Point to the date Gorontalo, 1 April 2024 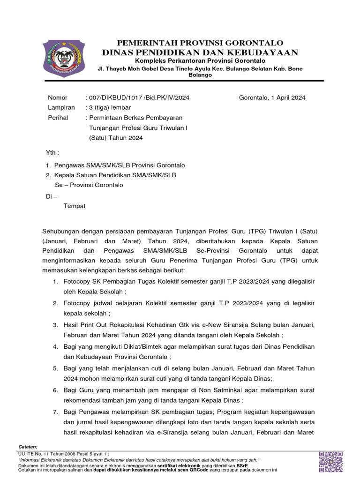[272, 97]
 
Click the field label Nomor [58, 97]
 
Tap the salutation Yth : [52, 153]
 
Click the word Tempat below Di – [75, 206]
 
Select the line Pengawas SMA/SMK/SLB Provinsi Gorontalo [120, 165]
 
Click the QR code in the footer [330, 462]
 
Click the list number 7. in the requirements [55, 412]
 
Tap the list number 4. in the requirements [55, 346]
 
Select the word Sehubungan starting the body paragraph [62, 232]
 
